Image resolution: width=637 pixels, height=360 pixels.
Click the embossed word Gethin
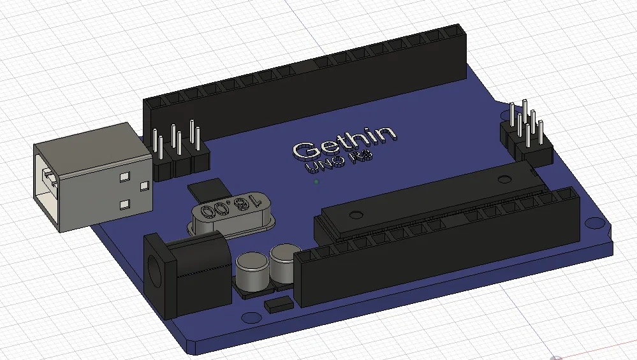point(344,143)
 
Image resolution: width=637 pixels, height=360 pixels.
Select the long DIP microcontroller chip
point(434,198)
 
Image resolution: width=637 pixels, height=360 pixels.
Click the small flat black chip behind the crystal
point(207,189)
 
